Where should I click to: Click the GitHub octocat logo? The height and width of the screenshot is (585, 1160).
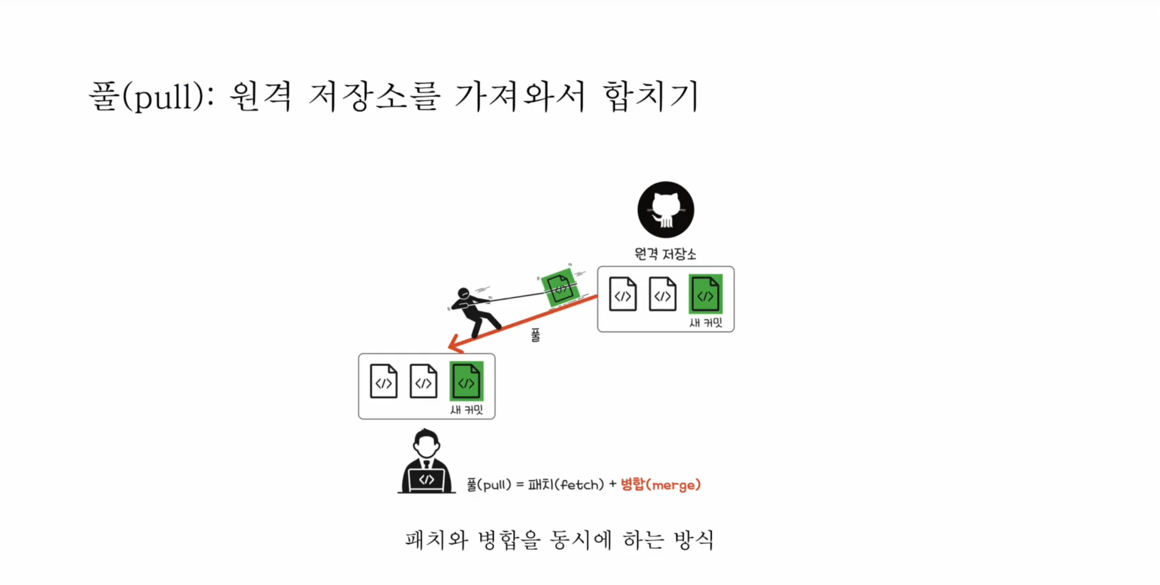[x=665, y=210]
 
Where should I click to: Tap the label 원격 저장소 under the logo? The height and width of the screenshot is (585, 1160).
[x=665, y=254]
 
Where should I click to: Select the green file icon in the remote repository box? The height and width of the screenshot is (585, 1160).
[x=705, y=294]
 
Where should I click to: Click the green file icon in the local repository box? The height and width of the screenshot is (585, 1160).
[x=466, y=382]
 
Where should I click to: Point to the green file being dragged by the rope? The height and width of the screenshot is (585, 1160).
[x=560, y=287]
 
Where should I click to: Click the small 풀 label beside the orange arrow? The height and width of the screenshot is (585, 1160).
[x=535, y=335]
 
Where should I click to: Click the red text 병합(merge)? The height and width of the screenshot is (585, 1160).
[x=661, y=484]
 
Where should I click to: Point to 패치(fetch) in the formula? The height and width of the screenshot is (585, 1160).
[x=565, y=484]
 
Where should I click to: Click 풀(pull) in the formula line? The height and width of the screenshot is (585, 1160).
[x=489, y=484]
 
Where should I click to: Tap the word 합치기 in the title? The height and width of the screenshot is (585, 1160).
[x=651, y=97]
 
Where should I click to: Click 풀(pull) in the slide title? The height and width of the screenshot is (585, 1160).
[x=147, y=97]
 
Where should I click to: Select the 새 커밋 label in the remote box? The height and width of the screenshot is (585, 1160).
[x=706, y=323]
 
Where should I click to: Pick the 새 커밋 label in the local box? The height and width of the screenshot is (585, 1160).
[x=467, y=410]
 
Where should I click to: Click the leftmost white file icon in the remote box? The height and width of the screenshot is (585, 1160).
[x=622, y=294]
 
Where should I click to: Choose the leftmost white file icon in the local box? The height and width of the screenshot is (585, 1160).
[x=383, y=382]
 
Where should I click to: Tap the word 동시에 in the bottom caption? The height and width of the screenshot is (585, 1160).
[x=581, y=540]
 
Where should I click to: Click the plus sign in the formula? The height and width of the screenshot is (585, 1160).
[x=612, y=484]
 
